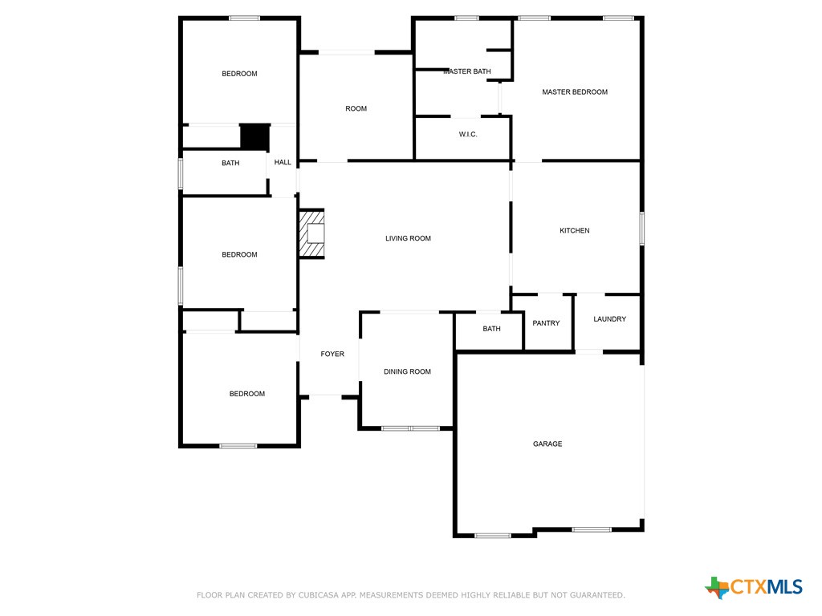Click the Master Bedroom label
[575, 91]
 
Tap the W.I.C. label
[468, 134]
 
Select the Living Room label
[408, 238]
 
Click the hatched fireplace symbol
[312, 233]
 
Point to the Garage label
[547, 444]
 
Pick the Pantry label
[546, 323]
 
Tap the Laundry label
[610, 319]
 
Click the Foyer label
[332, 354]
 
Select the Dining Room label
[407, 371]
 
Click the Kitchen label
[575, 230]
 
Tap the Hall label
[283, 162]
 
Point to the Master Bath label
[467, 71]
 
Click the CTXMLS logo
[753, 587]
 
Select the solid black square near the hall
[254, 137]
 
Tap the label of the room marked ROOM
[356, 108]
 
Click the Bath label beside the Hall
[230, 163]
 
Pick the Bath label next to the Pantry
[491, 328]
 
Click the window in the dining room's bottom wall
[410, 428]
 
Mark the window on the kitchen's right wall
[641, 229]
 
